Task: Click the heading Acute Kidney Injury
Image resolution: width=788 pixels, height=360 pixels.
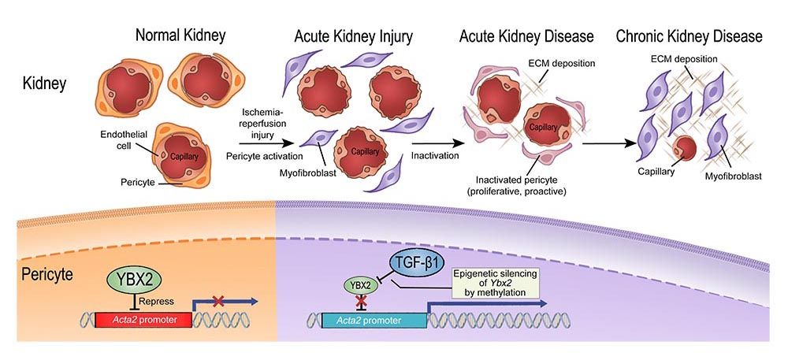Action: [352, 36]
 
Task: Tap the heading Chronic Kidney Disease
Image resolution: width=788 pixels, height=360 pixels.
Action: [690, 36]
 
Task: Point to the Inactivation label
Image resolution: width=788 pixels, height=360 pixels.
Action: [434, 156]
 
